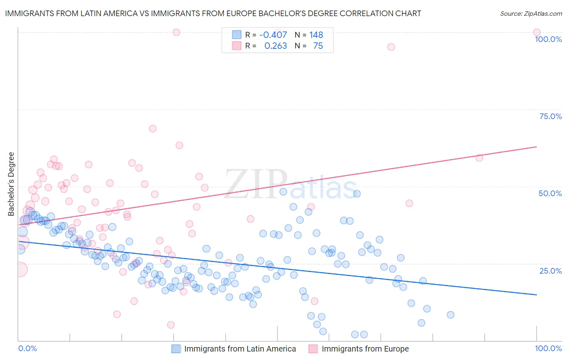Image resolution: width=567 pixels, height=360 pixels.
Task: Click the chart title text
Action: click(x=213, y=14)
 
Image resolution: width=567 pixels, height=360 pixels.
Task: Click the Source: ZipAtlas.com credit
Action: click(x=531, y=14)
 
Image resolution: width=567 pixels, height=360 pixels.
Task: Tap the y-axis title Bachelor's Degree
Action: click(x=11, y=184)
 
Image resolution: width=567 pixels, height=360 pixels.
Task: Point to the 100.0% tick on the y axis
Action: click(x=548, y=39)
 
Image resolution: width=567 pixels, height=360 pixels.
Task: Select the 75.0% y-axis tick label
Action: click(x=550, y=116)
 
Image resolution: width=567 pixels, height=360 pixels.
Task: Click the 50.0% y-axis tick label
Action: click(x=550, y=193)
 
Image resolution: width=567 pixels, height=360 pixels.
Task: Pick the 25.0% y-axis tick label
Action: click(x=550, y=270)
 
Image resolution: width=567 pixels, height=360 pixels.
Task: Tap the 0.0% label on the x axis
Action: click(x=28, y=348)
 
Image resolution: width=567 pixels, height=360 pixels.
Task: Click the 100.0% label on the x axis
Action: click(x=548, y=348)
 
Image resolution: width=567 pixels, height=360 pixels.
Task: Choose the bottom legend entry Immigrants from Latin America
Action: click(x=240, y=349)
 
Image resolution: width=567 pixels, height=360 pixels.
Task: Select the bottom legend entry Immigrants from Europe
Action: click(x=365, y=349)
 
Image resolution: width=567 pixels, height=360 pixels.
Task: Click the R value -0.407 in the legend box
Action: click(x=273, y=35)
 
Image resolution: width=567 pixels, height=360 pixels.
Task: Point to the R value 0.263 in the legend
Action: click(x=275, y=46)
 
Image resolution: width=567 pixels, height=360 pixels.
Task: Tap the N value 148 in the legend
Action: click(x=316, y=35)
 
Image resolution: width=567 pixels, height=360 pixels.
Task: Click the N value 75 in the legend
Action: click(x=318, y=46)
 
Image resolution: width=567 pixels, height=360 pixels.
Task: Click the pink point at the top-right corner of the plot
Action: click(x=536, y=32)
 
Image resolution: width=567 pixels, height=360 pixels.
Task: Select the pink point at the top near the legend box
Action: click(x=176, y=32)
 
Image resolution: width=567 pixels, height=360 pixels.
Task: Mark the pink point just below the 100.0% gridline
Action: click(x=391, y=47)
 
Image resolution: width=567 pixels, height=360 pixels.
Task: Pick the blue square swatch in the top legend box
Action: click(x=236, y=35)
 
